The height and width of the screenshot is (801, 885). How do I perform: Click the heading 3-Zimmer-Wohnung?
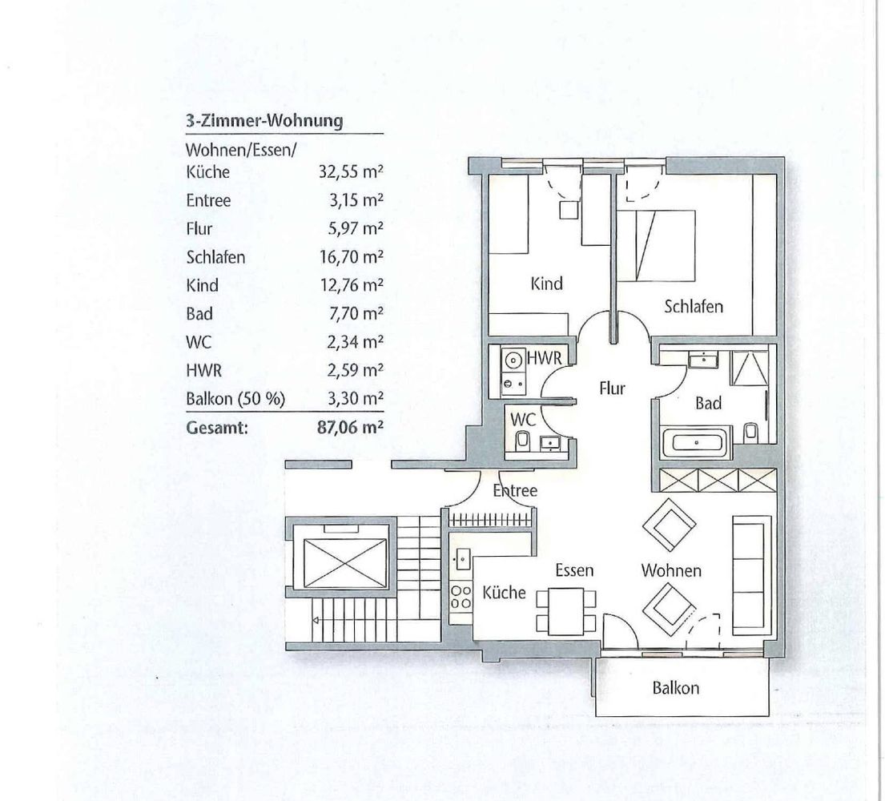pos(264,121)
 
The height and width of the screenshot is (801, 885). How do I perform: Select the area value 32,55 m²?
pos(351,171)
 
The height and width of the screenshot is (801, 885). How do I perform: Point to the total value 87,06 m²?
pos(351,427)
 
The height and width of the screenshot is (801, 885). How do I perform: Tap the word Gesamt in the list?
pos(217,428)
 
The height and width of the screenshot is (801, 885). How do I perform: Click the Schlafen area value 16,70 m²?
pos(352,257)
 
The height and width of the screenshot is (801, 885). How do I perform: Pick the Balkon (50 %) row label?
pos(235,399)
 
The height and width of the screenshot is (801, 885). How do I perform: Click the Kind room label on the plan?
pos(546,283)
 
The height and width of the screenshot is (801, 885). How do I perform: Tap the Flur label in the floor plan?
pos(613,388)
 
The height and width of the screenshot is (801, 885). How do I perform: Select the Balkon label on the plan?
pos(676,687)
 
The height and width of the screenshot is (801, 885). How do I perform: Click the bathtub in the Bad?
pos(697,441)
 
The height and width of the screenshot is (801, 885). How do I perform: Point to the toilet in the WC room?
pos(523,441)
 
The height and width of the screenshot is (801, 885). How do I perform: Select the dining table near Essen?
pos(566,611)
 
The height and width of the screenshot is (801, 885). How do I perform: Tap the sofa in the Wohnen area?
pos(752,574)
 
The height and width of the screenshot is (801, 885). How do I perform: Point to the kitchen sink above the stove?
pos(461,559)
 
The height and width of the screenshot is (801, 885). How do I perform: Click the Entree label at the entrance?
pos(515,490)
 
